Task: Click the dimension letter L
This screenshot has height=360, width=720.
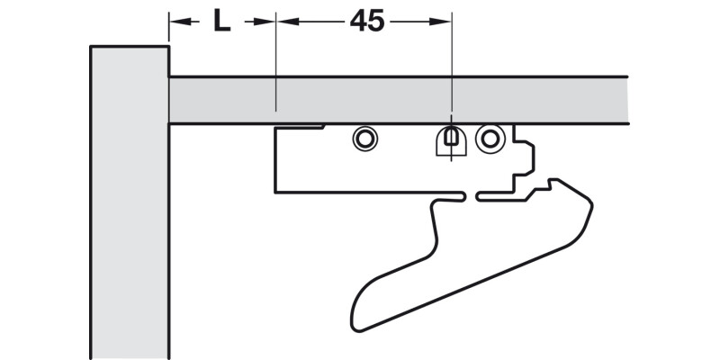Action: click(221, 21)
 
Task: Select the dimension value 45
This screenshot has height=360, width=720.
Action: click(366, 21)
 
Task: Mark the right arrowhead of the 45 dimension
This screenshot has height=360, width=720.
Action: click(443, 21)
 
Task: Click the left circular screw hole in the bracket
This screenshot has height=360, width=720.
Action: click(364, 138)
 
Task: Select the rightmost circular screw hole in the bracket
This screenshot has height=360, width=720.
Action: click(490, 137)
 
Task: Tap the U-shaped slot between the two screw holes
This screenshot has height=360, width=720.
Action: click(449, 140)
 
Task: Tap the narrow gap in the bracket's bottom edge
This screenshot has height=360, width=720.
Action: click(472, 193)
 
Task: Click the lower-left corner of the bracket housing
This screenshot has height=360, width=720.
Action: click(277, 191)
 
